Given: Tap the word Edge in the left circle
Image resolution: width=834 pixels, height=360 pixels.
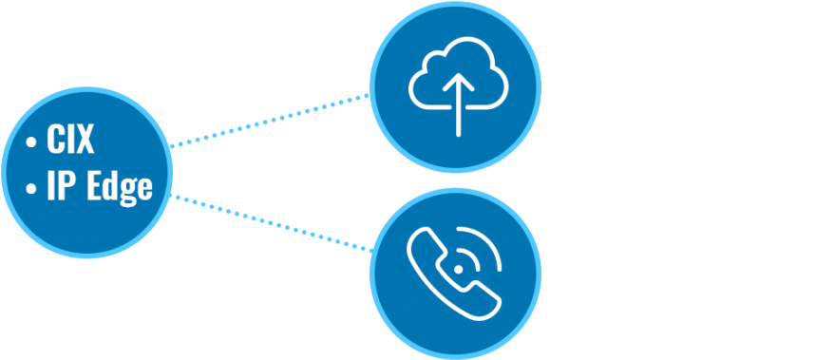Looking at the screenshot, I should (x=117, y=186).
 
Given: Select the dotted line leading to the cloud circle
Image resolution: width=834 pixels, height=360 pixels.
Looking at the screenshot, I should (x=272, y=121).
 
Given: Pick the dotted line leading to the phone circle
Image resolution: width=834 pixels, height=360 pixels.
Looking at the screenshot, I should (x=272, y=223).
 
